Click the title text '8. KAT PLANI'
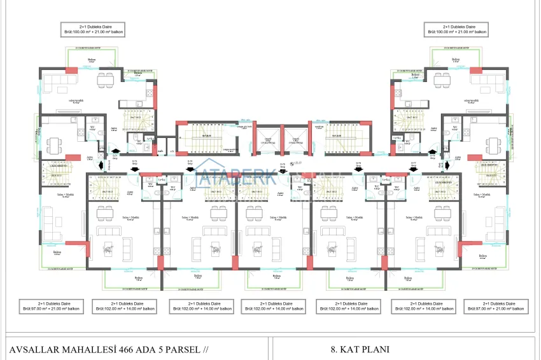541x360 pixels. click(360, 349)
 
